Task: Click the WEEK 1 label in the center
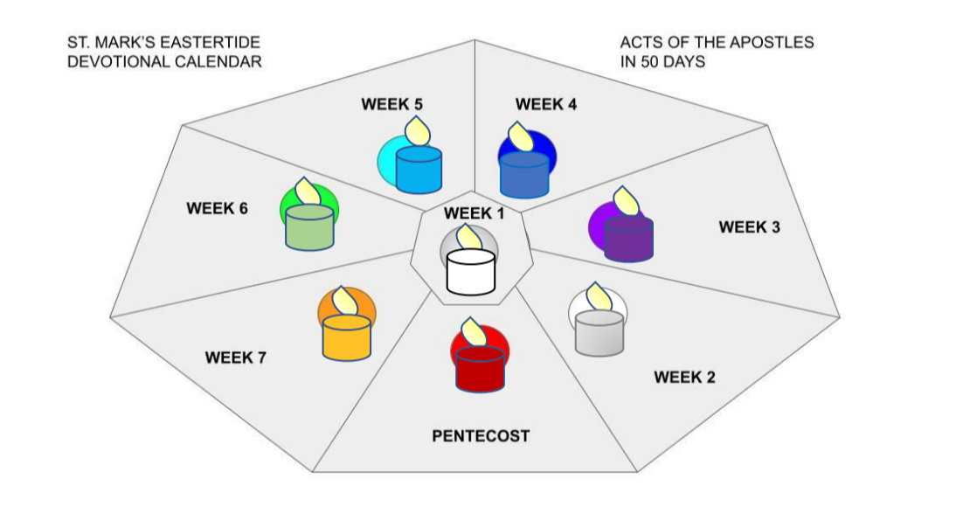pos(474,213)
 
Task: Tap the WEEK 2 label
pos(684,377)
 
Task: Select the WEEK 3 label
pos(749,227)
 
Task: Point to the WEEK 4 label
pos(546,105)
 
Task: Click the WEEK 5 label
pos(392,105)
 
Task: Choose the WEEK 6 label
pos(217,209)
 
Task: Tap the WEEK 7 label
pos(236,358)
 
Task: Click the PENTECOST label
pos(481,436)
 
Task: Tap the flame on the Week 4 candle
pos(518,137)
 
